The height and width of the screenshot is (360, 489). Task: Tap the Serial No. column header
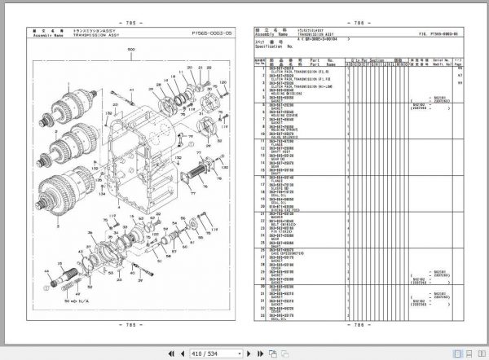click(x=442, y=59)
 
